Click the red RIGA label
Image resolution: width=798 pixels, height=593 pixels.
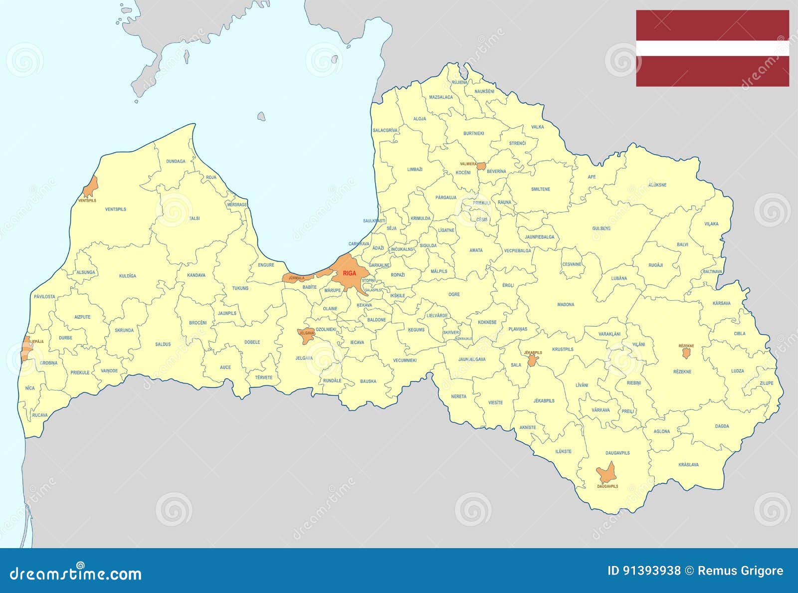pyautogui.click(x=350, y=273)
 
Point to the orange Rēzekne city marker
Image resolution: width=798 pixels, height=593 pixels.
pyautogui.click(x=686, y=353)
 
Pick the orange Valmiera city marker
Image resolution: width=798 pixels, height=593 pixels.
pyautogui.click(x=481, y=166)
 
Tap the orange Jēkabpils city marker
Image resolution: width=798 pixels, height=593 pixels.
pyautogui.click(x=533, y=360)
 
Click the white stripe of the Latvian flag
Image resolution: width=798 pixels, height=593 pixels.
pyautogui.click(x=712, y=48)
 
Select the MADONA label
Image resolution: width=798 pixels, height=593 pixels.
pyautogui.click(x=566, y=304)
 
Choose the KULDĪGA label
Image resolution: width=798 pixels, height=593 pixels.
pyautogui.click(x=128, y=276)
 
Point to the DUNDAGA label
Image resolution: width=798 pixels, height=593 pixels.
pyautogui.click(x=176, y=161)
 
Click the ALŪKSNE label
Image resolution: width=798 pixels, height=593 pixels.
pyautogui.click(x=657, y=185)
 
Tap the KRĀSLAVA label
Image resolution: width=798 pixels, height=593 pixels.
pyautogui.click(x=688, y=464)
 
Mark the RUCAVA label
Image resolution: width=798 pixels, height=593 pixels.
pyautogui.click(x=40, y=415)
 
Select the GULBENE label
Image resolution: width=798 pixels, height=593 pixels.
pyautogui.click(x=601, y=228)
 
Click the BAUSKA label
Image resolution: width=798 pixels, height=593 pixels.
pyautogui.click(x=368, y=382)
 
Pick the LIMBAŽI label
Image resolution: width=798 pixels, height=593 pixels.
pyautogui.click(x=414, y=170)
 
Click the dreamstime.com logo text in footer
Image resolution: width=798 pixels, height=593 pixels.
pyautogui.click(x=76, y=574)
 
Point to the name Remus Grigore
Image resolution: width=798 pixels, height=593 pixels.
pyautogui.click(x=740, y=571)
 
